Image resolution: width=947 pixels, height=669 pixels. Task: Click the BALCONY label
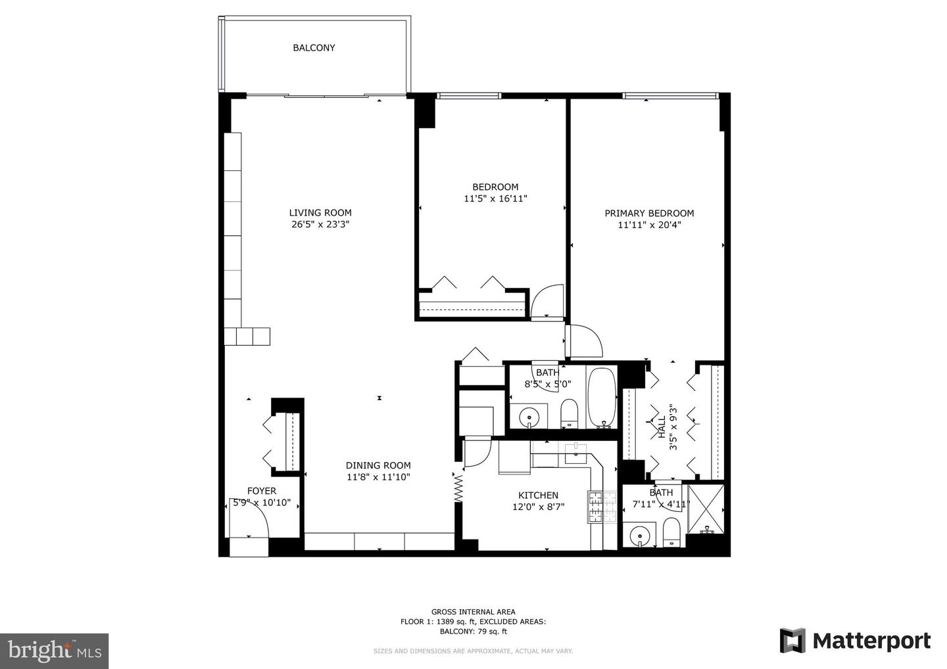click(314, 48)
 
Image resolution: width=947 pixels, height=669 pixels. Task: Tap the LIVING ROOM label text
click(320, 213)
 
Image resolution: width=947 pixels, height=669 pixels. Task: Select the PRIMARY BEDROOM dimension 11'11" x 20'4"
click(649, 225)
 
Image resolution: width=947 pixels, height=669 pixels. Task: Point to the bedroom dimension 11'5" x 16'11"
click(495, 198)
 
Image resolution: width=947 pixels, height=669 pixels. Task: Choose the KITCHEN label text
click(538, 496)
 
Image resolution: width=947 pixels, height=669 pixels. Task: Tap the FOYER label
click(261, 491)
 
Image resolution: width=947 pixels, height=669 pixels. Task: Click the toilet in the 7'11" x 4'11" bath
click(671, 533)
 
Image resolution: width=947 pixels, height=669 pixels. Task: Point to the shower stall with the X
click(706, 508)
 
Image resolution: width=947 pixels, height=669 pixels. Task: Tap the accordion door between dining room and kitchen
click(458, 487)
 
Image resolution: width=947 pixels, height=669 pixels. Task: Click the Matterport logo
click(855, 641)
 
